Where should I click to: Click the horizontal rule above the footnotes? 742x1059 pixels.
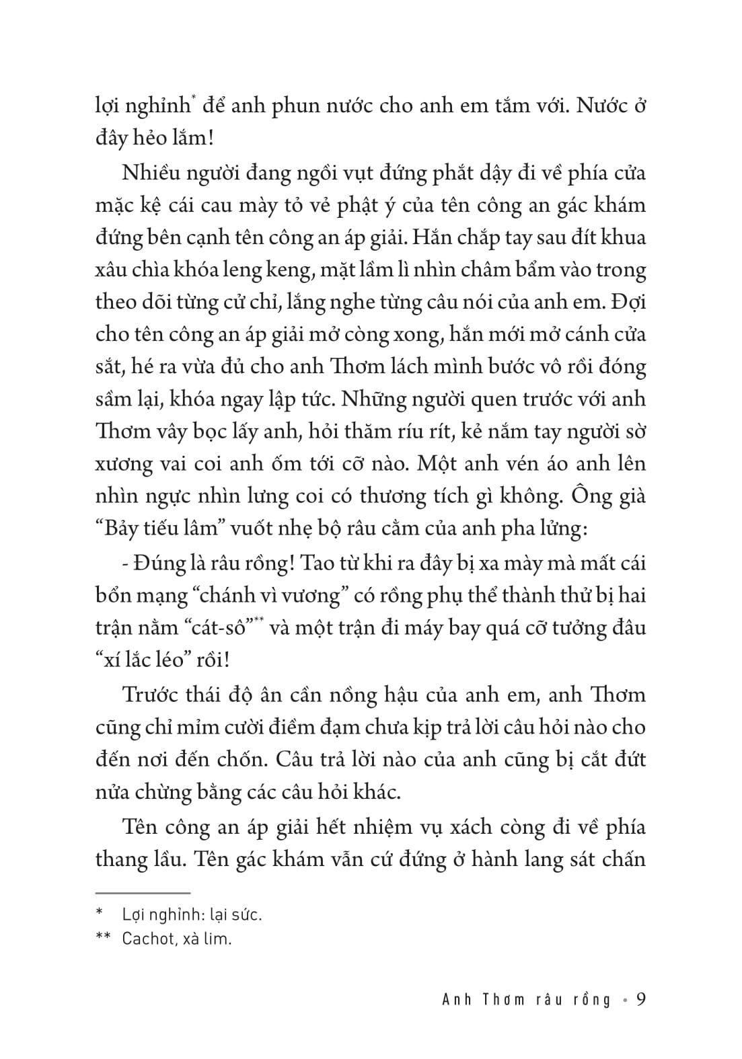(143, 894)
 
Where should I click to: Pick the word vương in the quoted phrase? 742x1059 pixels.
(324, 595)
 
